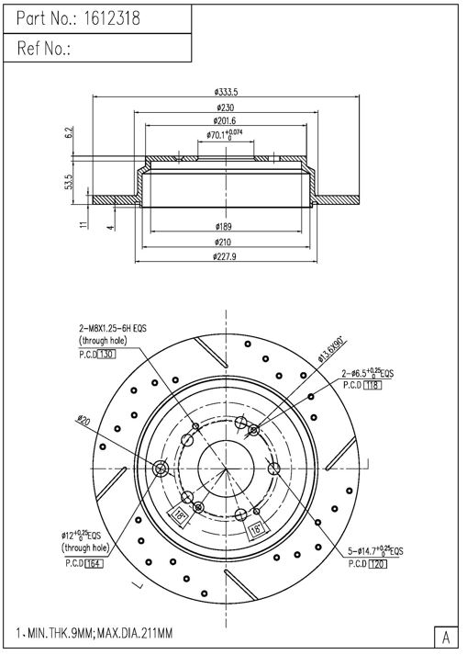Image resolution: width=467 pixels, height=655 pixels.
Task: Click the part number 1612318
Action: click(112, 18)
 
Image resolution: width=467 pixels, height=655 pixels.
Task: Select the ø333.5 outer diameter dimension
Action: click(226, 92)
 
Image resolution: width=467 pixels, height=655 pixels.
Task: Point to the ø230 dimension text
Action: click(226, 107)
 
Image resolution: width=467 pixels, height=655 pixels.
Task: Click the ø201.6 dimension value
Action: click(225, 120)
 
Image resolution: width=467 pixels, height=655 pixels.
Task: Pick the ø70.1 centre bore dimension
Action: click(225, 134)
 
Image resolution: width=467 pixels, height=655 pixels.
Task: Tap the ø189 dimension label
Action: click(223, 226)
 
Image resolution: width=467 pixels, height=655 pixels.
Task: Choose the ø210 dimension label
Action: click(223, 242)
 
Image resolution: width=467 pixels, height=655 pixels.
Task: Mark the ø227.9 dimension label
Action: click(225, 256)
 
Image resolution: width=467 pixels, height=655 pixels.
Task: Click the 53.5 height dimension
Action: click(69, 182)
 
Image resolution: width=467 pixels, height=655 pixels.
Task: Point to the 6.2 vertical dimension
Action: click(70, 132)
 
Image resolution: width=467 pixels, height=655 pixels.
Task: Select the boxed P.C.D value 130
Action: click(106, 355)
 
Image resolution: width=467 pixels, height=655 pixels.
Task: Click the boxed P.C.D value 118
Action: click(372, 385)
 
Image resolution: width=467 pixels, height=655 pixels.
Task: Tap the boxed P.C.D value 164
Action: click(94, 563)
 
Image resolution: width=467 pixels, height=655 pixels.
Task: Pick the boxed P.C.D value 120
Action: click(378, 563)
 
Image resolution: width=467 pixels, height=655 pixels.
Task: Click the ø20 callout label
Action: click(83, 420)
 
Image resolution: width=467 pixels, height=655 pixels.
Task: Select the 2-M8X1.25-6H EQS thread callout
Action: click(113, 329)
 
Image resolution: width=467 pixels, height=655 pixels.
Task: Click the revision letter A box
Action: click(446, 638)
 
